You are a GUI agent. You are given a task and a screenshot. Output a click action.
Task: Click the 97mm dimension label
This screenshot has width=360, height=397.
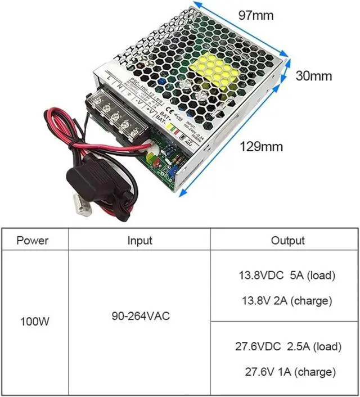255,15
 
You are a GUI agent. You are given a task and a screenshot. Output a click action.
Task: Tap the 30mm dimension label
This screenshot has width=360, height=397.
314,76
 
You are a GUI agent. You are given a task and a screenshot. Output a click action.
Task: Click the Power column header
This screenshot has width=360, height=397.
33,241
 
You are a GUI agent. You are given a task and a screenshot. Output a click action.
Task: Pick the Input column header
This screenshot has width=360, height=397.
139,241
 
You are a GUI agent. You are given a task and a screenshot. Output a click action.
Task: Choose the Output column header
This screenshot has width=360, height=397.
287,241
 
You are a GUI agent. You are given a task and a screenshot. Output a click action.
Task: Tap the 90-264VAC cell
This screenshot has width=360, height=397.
139,315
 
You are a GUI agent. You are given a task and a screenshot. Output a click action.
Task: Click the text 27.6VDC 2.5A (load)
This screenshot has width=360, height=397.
287,346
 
